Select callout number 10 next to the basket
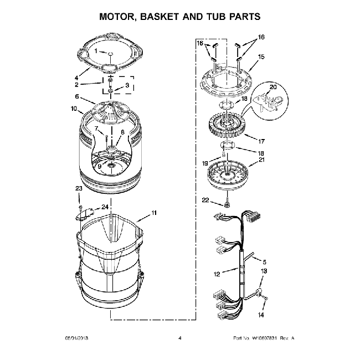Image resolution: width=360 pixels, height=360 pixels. click(73, 109)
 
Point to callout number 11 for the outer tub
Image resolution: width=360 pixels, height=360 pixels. click(154, 213)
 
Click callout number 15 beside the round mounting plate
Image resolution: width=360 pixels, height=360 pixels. click(261, 56)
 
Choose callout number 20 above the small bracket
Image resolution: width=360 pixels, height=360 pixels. click(272, 87)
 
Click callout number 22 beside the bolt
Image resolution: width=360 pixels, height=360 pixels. click(205, 200)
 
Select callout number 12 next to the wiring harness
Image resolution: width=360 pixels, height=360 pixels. click(218, 272)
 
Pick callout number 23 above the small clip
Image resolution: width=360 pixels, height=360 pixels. click(79, 188)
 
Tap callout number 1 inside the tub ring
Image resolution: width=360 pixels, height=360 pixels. click(95, 51)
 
